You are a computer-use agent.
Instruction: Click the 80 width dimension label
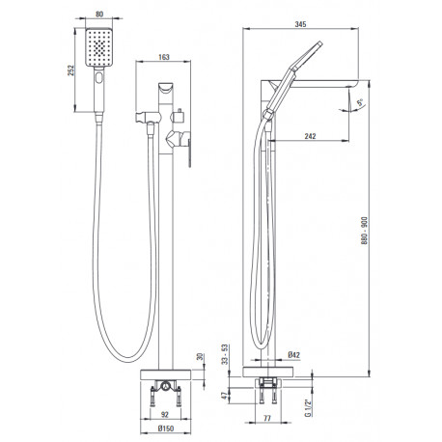coord(99,14)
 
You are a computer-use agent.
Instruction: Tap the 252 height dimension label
coord(70,70)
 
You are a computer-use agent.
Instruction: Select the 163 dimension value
coord(164,57)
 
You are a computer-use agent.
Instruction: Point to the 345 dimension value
coord(300,24)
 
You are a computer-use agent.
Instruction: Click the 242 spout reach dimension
coord(310,136)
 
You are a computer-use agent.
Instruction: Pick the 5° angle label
coord(360,103)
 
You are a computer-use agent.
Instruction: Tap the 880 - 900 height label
coord(364,231)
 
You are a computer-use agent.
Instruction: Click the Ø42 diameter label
coord(294,355)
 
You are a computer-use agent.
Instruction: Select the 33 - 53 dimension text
coord(225,354)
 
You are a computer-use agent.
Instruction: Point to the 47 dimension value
coord(225,396)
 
